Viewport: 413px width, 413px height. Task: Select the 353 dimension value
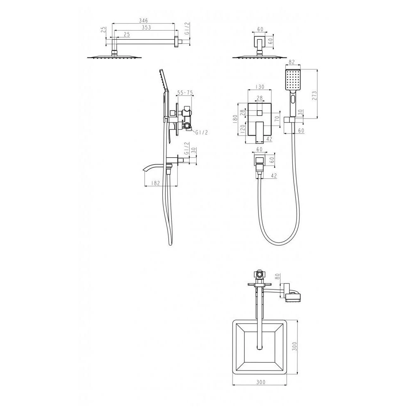(x=147, y=27)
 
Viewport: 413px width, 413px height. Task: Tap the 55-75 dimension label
(x=185, y=93)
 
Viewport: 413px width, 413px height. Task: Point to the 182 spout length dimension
(x=156, y=183)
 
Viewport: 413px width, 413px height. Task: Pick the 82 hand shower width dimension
(x=292, y=62)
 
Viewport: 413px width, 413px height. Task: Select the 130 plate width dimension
(x=260, y=87)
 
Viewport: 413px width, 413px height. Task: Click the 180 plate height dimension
(x=235, y=119)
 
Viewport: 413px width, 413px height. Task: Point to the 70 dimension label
(x=277, y=118)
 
